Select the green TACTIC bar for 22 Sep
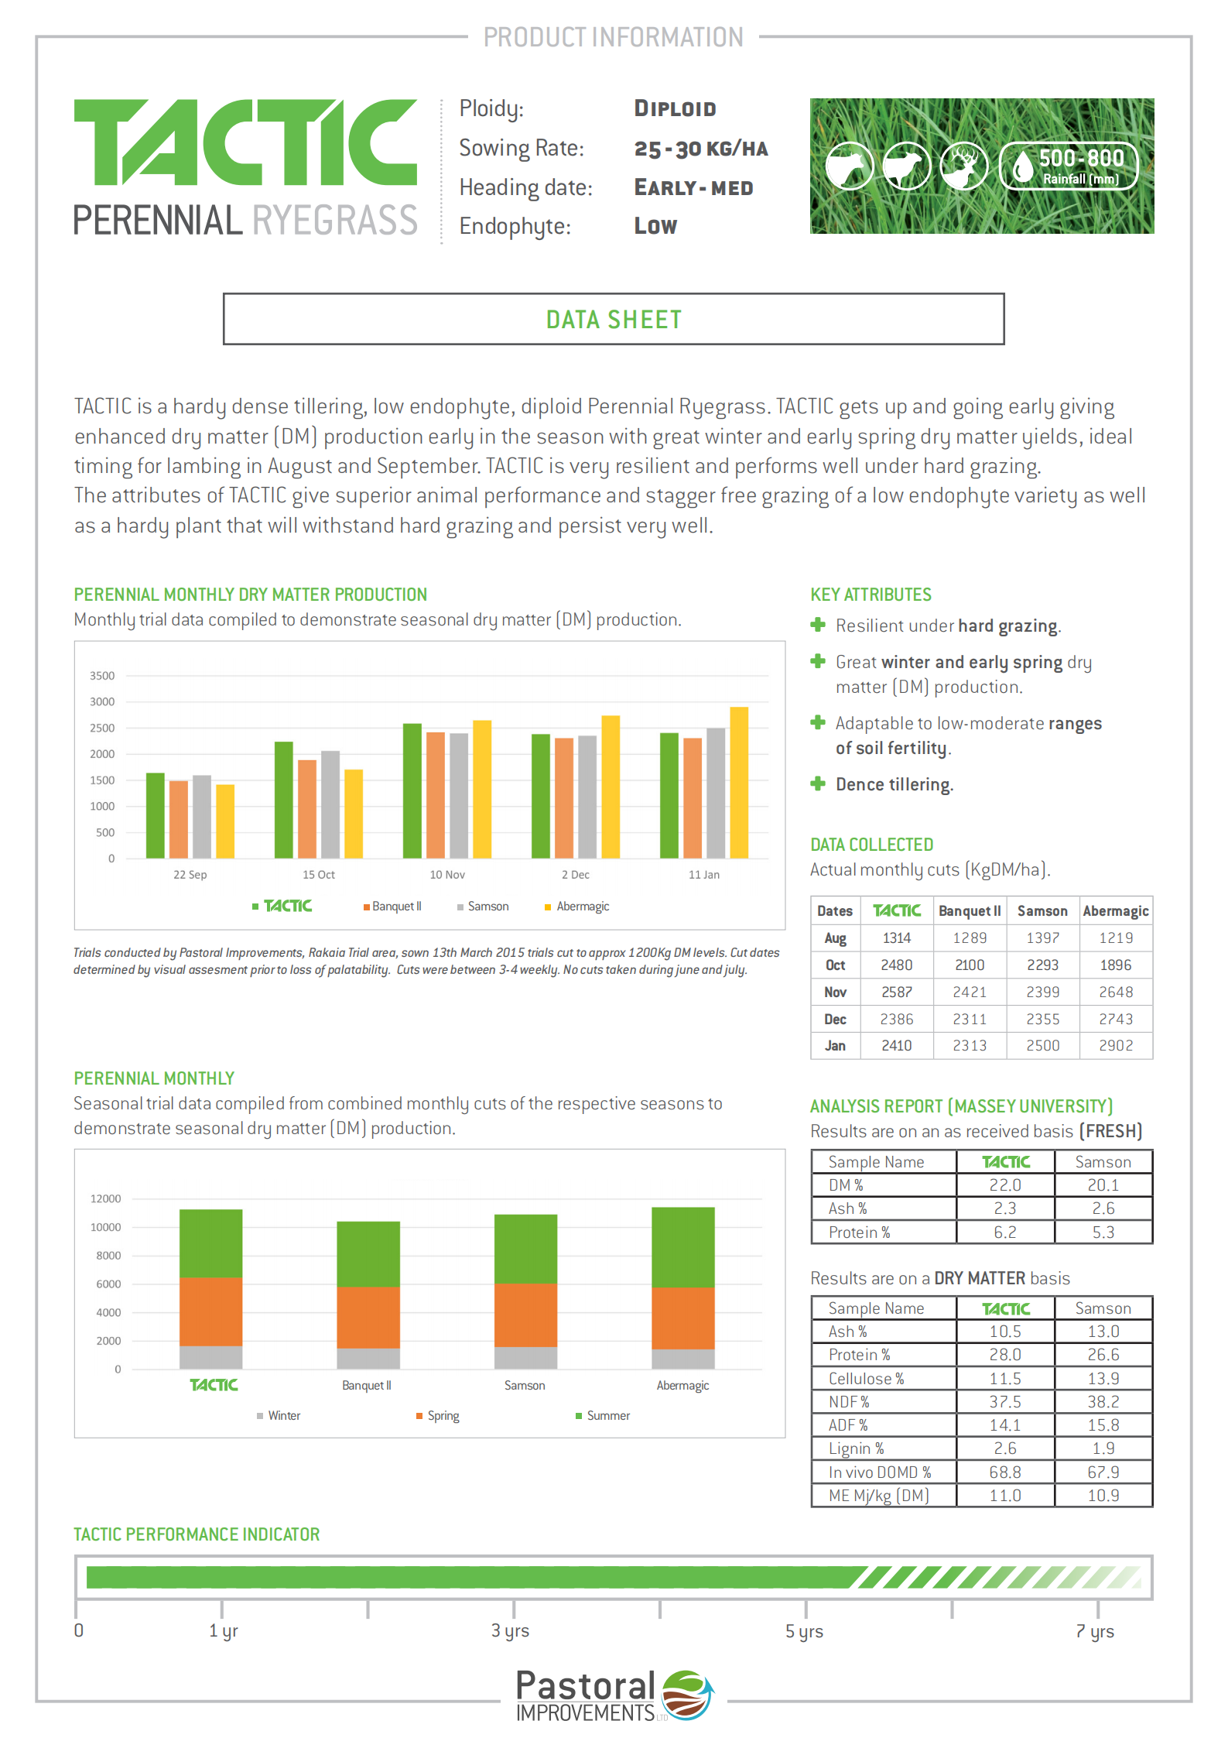[156, 815]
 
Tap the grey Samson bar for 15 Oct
[330, 804]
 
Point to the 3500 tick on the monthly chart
[102, 676]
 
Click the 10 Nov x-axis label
[447, 875]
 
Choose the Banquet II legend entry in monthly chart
[393, 907]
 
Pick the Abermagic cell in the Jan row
[1116, 1046]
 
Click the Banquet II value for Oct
[970, 965]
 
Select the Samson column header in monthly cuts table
[1042, 911]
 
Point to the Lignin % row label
[857, 1448]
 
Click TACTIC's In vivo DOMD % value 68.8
[1005, 1472]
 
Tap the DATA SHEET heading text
[614, 320]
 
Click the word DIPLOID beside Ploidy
[675, 109]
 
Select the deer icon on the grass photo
[963, 166]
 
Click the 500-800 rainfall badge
[1069, 166]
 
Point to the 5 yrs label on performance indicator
[804, 1631]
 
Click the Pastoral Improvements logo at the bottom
[614, 1695]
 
